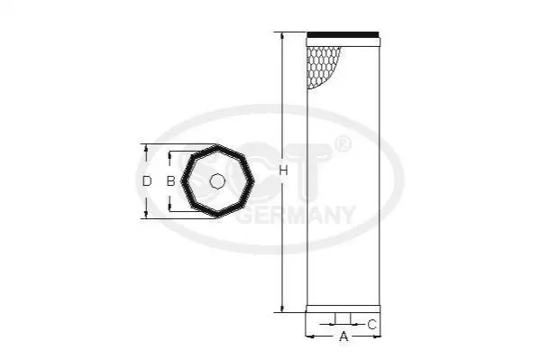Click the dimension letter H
click(x=283, y=171)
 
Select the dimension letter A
click(x=343, y=337)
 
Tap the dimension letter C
click(x=372, y=325)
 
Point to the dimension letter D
click(x=147, y=180)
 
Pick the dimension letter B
click(x=170, y=180)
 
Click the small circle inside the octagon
click(x=217, y=181)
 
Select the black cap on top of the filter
click(x=343, y=34)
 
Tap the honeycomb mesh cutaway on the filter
click(x=321, y=67)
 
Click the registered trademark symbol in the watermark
click(x=343, y=145)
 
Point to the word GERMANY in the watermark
click(x=297, y=215)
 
